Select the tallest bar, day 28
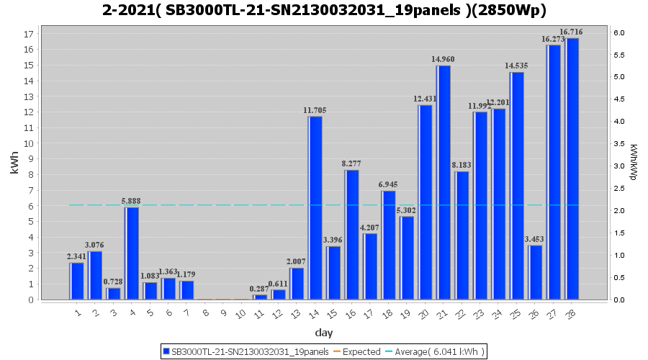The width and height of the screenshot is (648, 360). [572, 168]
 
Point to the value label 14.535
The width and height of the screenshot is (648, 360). [516, 66]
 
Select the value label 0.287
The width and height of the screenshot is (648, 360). [259, 289]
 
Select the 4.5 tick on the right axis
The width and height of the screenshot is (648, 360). [618, 99]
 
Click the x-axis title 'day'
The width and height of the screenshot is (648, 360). [323, 333]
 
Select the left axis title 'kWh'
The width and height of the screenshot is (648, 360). [15, 166]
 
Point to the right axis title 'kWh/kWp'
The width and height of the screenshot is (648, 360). [633, 166]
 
